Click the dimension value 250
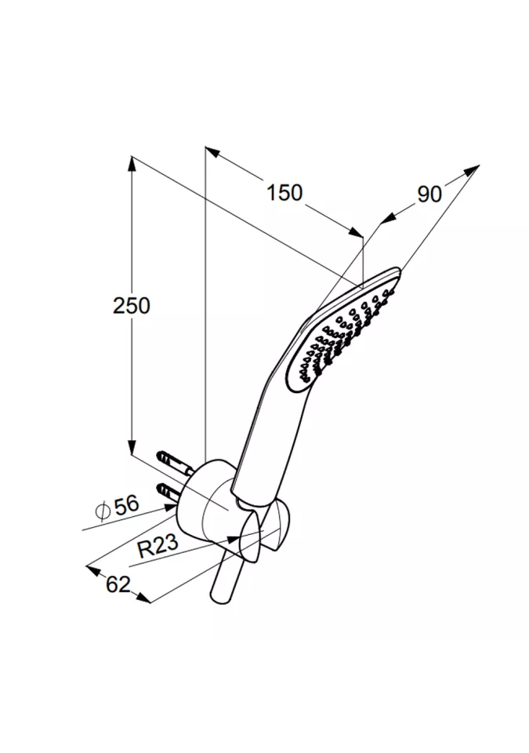click(x=131, y=305)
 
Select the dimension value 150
click(x=284, y=193)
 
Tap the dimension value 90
click(x=429, y=194)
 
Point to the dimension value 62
click(x=118, y=584)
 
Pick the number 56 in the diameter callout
click(x=126, y=505)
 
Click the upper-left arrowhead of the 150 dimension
click(x=211, y=151)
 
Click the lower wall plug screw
click(x=170, y=493)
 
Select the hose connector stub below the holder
click(x=226, y=580)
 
